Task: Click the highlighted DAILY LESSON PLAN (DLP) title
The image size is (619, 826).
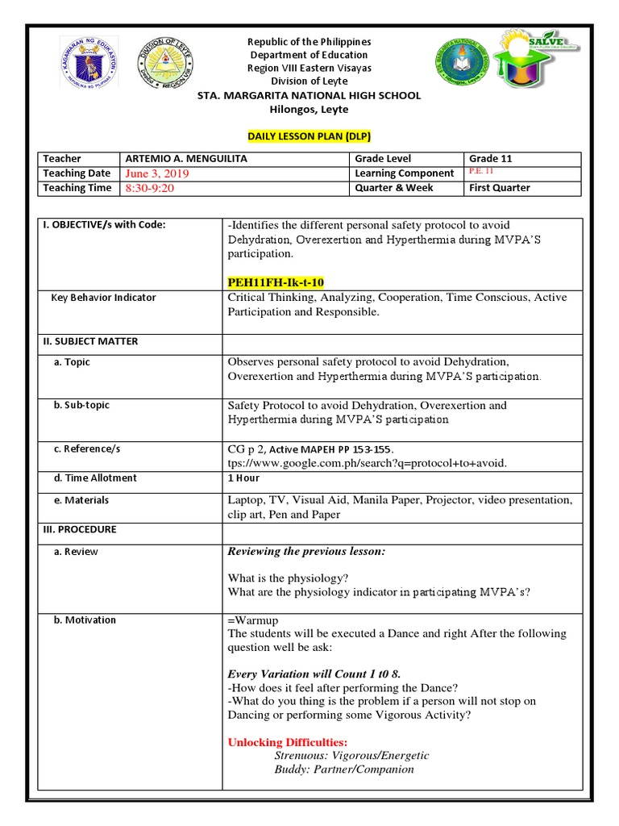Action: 309,136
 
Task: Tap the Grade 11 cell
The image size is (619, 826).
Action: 491,159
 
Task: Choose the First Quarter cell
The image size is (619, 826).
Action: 500,188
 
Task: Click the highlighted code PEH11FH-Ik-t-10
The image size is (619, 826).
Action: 276,282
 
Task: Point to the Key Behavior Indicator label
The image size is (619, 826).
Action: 103,298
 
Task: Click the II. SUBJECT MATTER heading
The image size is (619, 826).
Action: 90,341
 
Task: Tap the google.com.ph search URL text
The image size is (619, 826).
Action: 368,462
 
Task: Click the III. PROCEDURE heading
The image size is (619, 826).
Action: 79,530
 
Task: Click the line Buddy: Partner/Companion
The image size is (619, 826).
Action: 343,769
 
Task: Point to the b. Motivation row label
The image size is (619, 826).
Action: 85,620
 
